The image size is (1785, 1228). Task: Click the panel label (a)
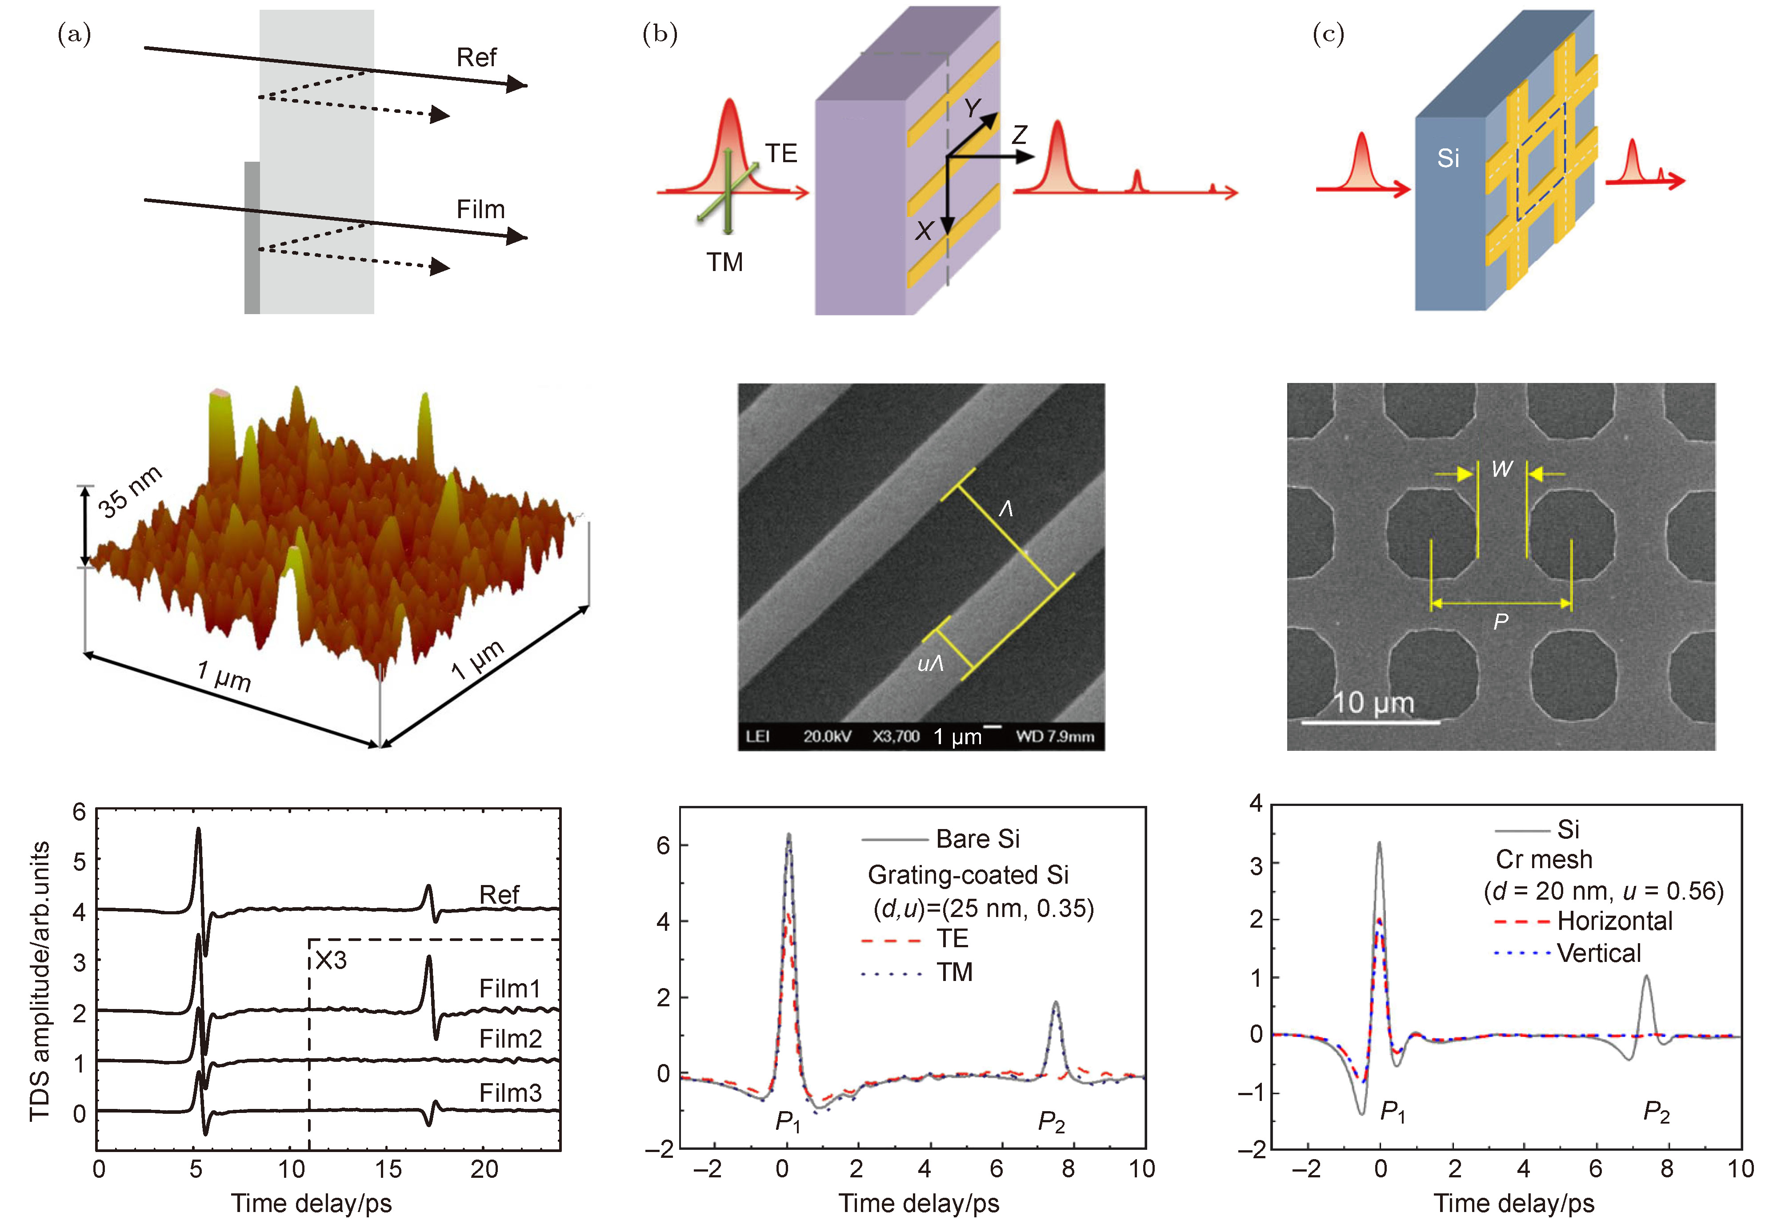[75, 35]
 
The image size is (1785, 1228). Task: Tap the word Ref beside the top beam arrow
[476, 58]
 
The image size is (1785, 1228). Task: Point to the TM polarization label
[724, 263]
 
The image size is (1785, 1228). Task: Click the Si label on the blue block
[1448, 159]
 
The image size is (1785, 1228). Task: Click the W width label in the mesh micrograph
[1502, 469]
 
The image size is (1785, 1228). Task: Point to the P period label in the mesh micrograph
[1500, 622]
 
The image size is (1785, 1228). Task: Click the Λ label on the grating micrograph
[1005, 509]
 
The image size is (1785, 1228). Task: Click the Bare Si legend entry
[977, 839]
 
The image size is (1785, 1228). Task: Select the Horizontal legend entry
[1614, 921]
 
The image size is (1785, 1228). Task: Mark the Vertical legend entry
[1599, 953]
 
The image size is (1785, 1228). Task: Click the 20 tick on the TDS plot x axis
[484, 1169]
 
